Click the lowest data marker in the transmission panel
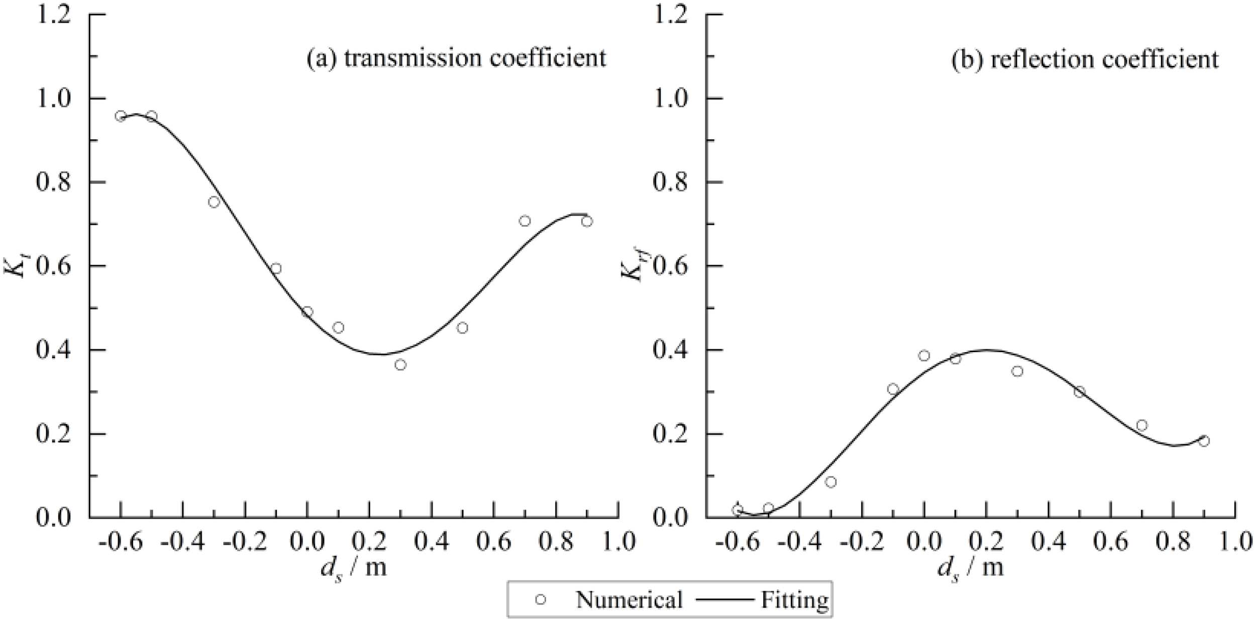point(400,365)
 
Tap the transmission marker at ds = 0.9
point(587,221)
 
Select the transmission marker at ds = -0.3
point(214,202)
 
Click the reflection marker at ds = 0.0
point(924,356)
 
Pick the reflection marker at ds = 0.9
point(1203,441)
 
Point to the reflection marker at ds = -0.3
point(831,482)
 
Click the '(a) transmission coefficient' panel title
point(456,58)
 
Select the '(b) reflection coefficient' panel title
point(1085,59)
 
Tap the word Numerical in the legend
point(629,600)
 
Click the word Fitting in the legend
point(794,600)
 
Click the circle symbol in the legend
point(541,599)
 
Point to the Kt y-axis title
point(15,265)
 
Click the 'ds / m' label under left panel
point(354,568)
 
